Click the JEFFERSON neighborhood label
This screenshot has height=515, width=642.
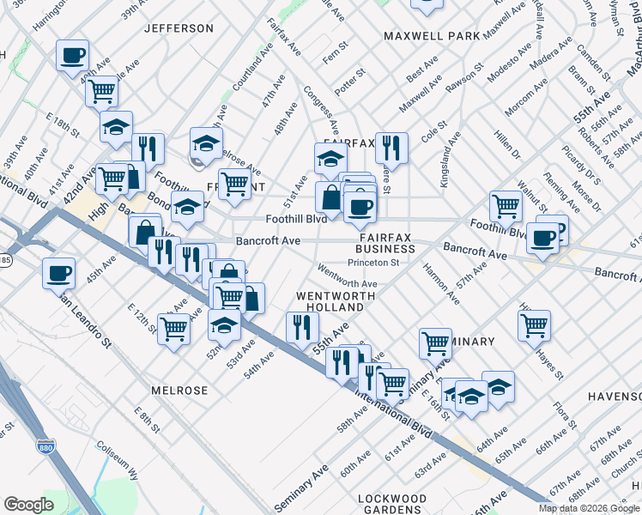(x=179, y=28)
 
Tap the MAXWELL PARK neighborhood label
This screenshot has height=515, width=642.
(x=431, y=37)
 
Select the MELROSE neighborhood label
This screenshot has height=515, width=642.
(x=179, y=391)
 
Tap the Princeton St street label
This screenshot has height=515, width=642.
(x=379, y=263)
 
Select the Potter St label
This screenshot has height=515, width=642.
(x=350, y=86)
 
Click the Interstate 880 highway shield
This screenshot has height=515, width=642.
(x=45, y=446)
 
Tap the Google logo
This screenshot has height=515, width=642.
(x=28, y=505)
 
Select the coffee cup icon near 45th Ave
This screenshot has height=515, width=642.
(x=59, y=273)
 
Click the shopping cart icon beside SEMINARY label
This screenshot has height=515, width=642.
(x=435, y=342)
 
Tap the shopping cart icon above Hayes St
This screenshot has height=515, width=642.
(x=534, y=324)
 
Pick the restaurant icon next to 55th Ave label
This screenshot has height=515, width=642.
(x=302, y=326)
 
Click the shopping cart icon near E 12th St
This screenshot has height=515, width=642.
(x=173, y=328)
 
